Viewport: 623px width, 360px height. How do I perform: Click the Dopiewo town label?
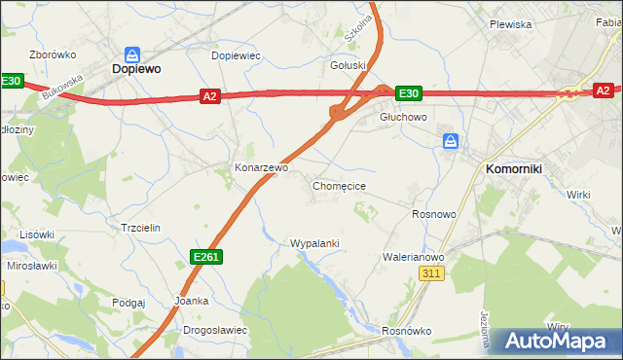135,70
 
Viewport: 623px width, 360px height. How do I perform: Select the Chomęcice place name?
339,185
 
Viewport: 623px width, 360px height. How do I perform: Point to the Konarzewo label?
261,167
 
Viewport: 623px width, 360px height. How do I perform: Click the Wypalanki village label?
313,243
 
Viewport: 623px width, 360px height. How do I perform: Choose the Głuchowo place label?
403,115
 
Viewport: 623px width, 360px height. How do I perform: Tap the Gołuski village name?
348,66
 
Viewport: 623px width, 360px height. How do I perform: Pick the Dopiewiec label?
236,55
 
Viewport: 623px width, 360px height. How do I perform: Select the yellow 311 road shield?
433,275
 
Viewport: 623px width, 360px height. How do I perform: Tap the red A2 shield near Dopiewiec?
210,95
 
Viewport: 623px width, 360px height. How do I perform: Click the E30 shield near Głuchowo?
408,93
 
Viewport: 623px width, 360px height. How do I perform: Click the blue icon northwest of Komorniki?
450,142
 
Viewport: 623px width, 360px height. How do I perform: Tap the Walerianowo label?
414,257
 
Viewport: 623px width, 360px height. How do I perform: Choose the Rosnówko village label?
406,331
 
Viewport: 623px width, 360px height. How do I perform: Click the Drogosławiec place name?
214,330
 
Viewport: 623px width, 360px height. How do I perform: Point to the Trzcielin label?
140,227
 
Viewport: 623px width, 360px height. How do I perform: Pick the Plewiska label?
510,24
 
